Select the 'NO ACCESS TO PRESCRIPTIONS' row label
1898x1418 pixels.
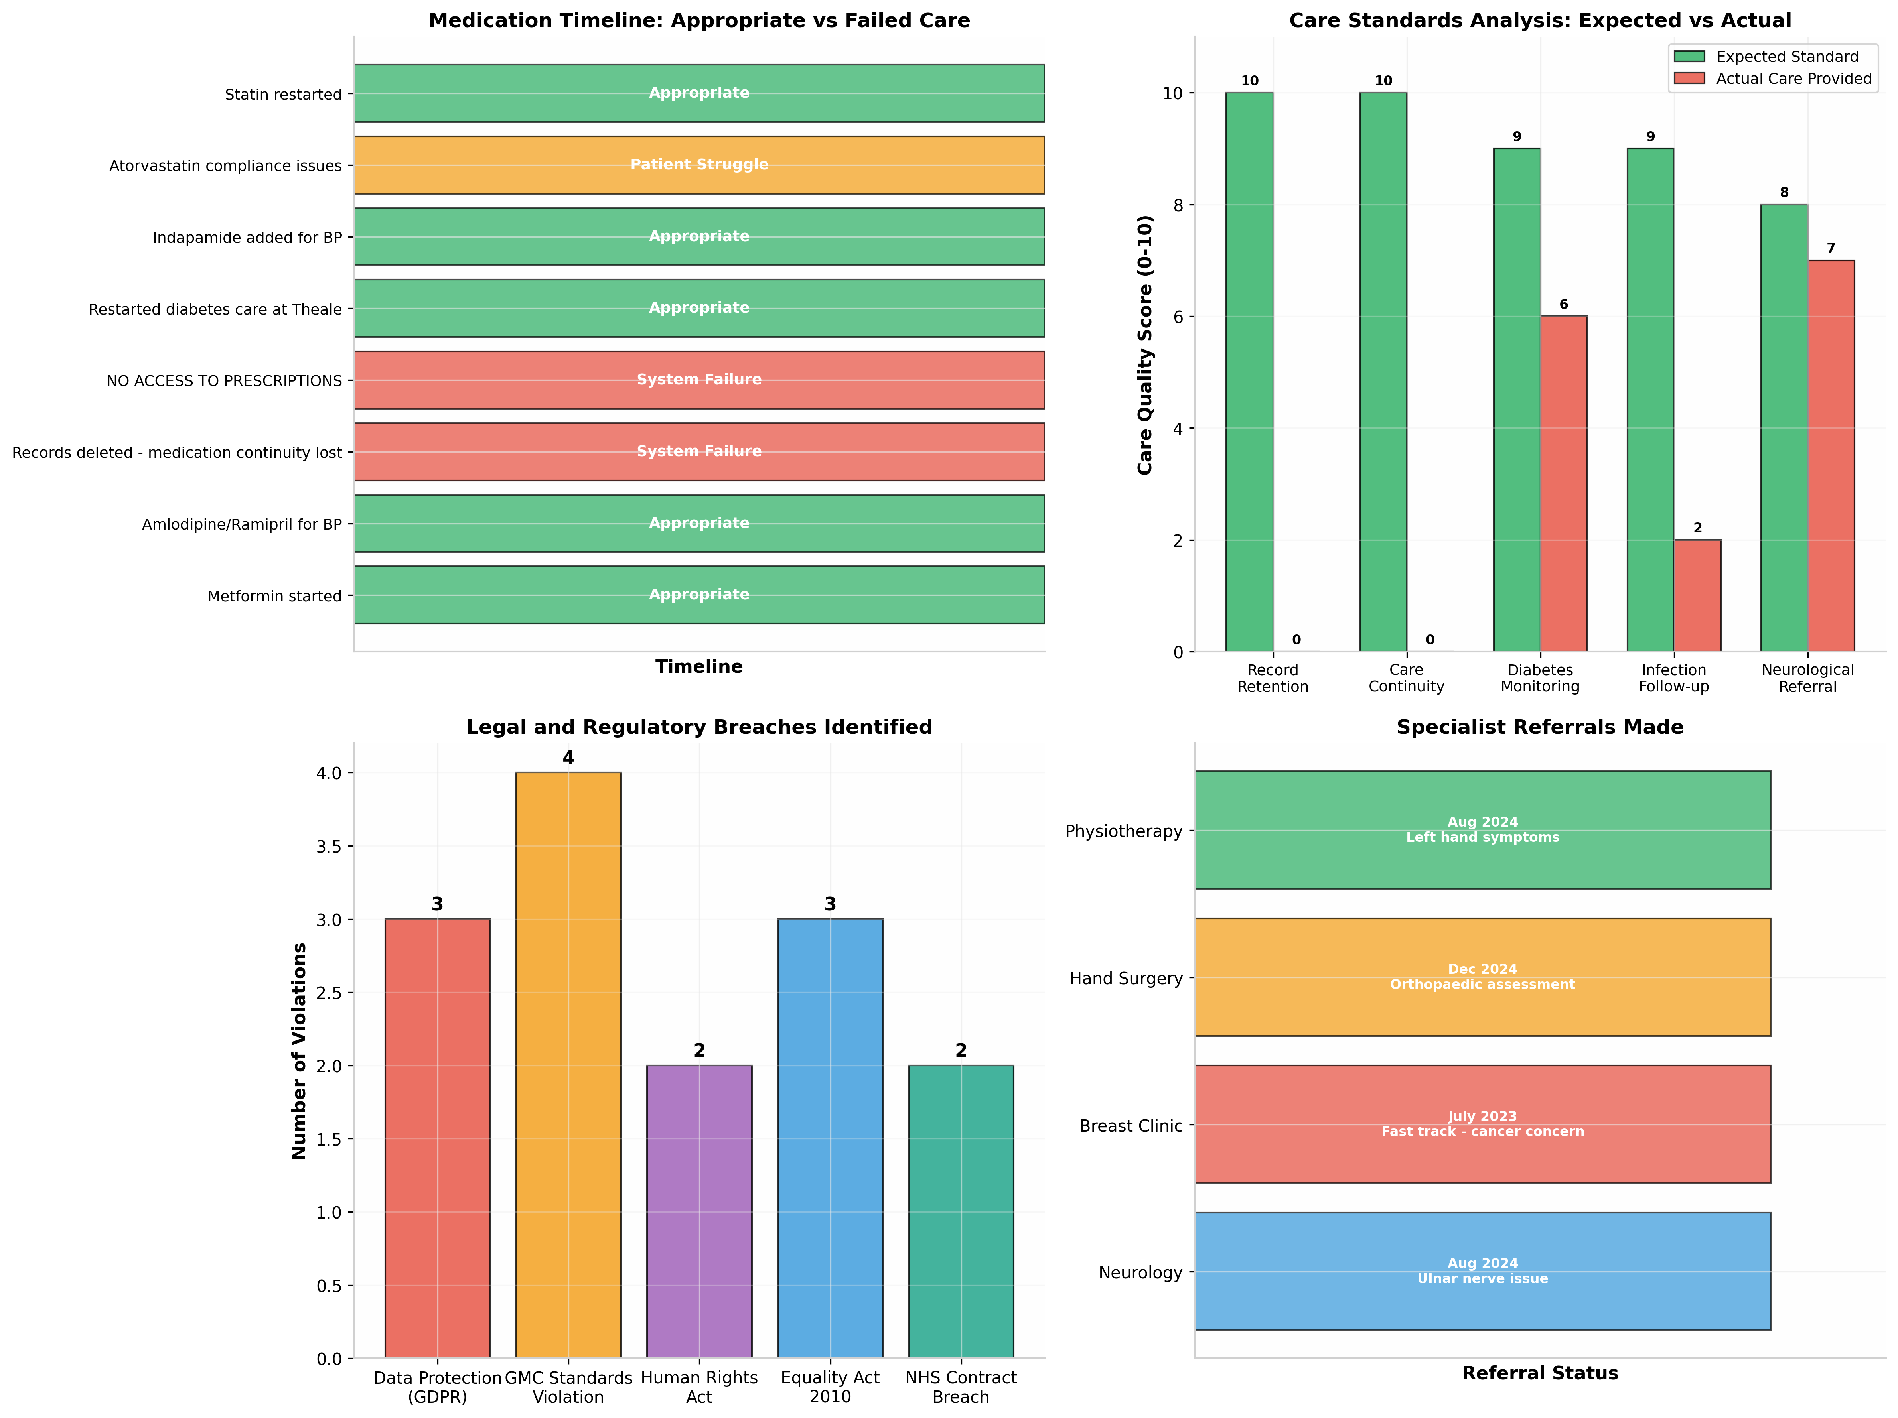pos(224,381)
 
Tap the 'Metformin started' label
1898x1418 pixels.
pos(274,596)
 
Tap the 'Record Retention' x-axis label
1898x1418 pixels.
pos(1273,677)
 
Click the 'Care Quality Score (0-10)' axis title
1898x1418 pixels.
pos(1144,345)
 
